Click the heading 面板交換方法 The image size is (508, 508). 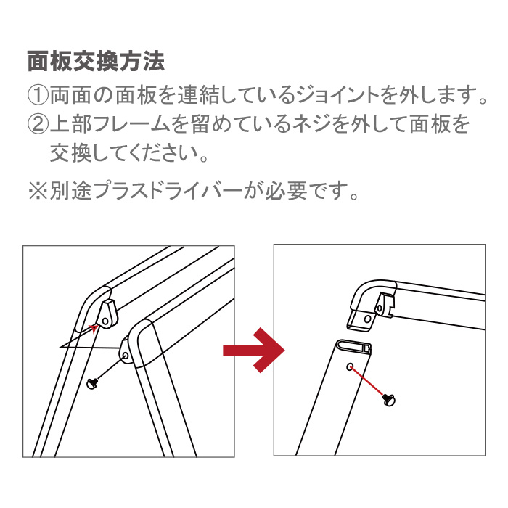(97, 61)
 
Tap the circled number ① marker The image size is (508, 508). (38, 95)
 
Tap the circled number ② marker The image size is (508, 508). (38, 124)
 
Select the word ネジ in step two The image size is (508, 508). (312, 124)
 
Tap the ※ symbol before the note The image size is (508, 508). (38, 191)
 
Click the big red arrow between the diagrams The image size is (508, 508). (254, 350)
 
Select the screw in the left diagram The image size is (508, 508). (92, 384)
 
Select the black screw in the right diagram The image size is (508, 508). (388, 398)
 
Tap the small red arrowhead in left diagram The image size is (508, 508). (94, 328)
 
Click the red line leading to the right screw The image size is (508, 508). (368, 382)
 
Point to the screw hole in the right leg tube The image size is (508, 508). (350, 366)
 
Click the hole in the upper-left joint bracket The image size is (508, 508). (105, 321)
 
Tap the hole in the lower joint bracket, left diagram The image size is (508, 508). (126, 356)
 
